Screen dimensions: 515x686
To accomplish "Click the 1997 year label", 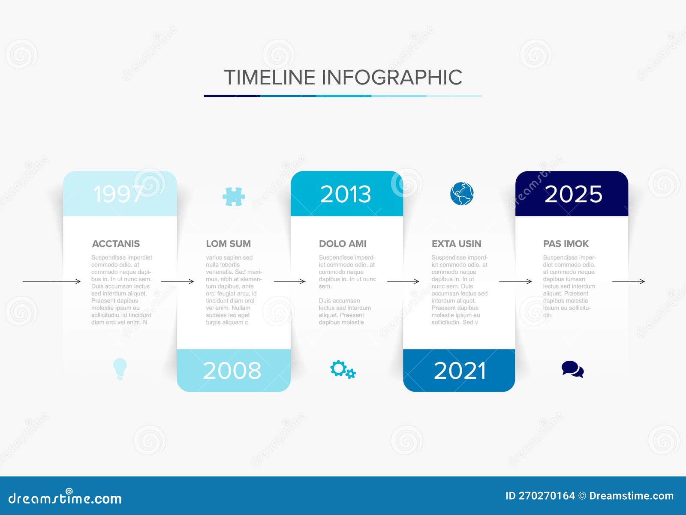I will [x=118, y=194].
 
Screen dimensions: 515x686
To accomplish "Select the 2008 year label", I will [x=232, y=371].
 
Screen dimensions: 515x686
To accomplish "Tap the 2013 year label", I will [x=346, y=194].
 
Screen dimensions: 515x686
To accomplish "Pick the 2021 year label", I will [x=460, y=371].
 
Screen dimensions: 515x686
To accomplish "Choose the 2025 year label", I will [x=573, y=194].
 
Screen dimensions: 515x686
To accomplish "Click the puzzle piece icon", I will [x=234, y=197].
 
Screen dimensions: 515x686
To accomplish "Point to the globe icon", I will [x=462, y=194].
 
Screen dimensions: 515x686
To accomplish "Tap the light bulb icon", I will [x=120, y=369].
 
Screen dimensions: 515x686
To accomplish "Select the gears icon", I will [x=343, y=369].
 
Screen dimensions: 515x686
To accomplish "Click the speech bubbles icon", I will [x=572, y=369].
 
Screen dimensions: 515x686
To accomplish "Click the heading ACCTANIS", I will [x=116, y=244].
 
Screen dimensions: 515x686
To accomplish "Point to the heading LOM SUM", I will [x=228, y=244].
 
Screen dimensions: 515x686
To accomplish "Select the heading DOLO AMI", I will [x=343, y=244].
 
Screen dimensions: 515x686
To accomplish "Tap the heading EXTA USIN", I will [x=456, y=244].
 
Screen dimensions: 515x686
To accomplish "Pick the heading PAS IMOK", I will [x=566, y=244].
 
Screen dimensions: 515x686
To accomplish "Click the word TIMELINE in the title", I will [x=270, y=78].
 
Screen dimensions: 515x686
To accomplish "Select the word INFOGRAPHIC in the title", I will [x=391, y=78].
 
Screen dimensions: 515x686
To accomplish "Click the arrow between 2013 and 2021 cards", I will [x=403, y=281].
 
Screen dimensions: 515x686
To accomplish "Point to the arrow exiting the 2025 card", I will [x=628, y=281].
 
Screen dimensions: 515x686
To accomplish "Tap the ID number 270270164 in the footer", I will [x=547, y=496].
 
